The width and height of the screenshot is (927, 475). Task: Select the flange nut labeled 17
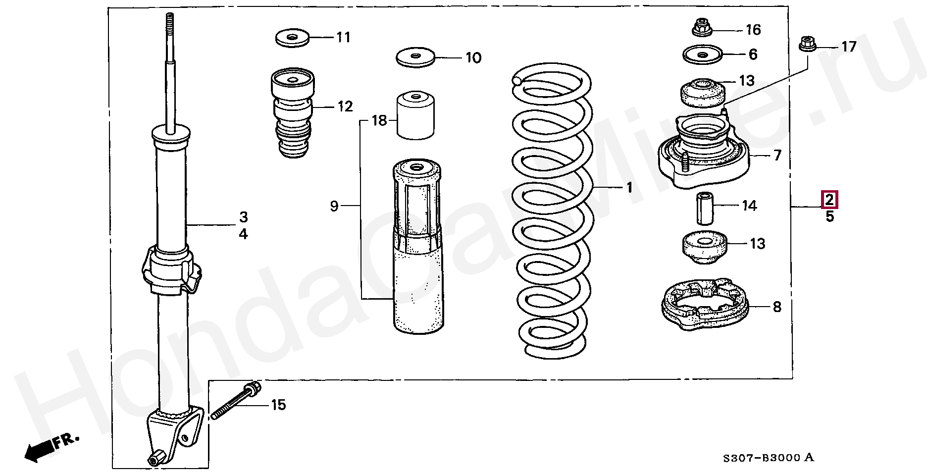pos(807,45)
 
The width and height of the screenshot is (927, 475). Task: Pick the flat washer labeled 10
pos(415,56)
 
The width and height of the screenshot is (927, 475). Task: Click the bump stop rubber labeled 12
pos(293,113)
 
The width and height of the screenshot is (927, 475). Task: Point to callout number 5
pos(830,216)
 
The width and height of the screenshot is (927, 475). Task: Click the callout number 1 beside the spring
pos(629,187)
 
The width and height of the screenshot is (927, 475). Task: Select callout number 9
pos(334,206)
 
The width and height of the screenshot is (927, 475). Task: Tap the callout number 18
pos(379,120)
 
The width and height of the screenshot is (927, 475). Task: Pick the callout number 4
pos(243,234)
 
